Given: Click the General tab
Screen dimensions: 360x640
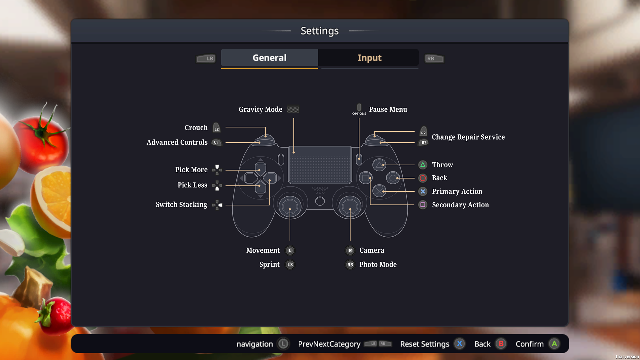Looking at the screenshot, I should click(269, 58).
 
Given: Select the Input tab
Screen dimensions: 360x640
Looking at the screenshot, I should click(369, 58).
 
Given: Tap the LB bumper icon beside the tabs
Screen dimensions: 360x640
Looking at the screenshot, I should click(206, 59).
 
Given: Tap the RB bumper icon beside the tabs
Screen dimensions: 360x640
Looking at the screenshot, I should click(434, 59).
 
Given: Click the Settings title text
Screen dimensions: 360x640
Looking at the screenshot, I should click(319, 31).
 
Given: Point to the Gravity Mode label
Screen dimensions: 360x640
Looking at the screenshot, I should click(260, 109).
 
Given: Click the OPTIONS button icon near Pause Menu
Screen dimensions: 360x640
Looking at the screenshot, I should click(359, 109).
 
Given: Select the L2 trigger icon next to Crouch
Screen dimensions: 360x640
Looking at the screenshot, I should click(216, 128).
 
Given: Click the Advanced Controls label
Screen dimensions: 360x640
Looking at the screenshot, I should click(177, 142).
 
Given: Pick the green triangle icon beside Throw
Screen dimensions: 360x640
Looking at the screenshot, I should click(423, 165).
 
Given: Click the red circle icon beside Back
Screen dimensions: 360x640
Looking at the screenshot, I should click(423, 178).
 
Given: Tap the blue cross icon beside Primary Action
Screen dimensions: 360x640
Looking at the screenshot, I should click(423, 191).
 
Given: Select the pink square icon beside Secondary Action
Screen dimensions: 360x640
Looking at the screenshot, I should click(423, 205).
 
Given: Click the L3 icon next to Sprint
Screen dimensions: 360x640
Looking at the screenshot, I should click(290, 265).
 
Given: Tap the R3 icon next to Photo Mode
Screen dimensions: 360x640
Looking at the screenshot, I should click(350, 265).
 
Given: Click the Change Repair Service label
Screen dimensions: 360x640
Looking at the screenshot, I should click(468, 137).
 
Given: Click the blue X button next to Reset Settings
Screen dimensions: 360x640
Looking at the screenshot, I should click(460, 344).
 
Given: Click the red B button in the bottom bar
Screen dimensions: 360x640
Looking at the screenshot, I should click(501, 344).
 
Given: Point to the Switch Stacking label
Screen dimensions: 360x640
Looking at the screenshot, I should click(181, 205).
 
